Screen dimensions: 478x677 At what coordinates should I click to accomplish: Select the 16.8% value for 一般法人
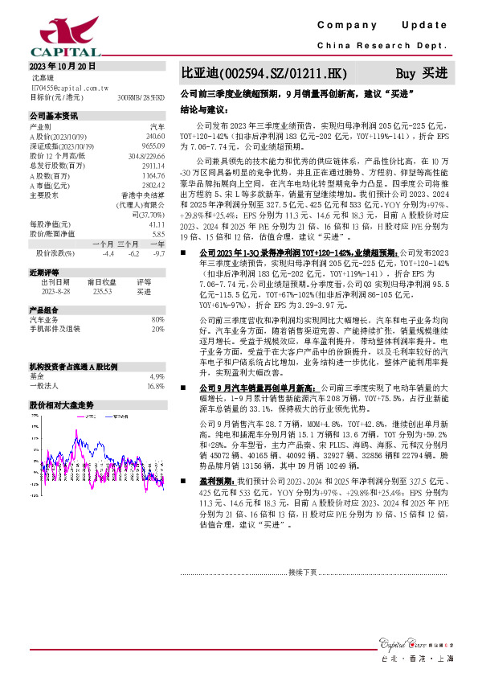155,385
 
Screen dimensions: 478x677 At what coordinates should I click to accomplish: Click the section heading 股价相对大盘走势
61,405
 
